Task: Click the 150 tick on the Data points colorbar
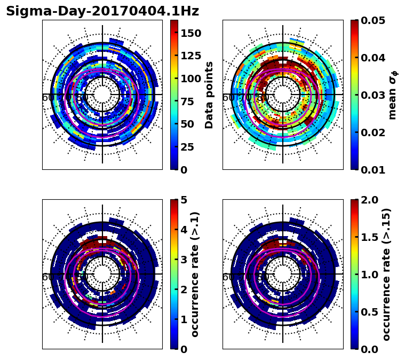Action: pyautogui.click(x=190, y=33)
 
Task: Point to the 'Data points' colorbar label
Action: pyautogui.click(x=209, y=95)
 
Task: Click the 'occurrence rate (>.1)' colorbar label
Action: pyautogui.click(x=195, y=274)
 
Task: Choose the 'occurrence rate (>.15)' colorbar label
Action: pyautogui.click(x=386, y=274)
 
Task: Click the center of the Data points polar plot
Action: pyautogui.click(x=102, y=95)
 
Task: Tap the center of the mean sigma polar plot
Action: pyautogui.click(x=283, y=95)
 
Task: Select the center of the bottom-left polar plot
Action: pyautogui.click(x=102, y=274)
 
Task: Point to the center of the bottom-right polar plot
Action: pyautogui.click(x=283, y=274)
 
